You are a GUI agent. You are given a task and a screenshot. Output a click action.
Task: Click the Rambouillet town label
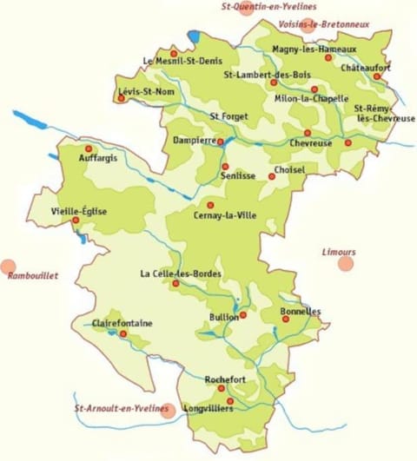click(32, 276)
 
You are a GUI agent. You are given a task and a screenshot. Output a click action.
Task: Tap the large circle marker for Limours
click(346, 262)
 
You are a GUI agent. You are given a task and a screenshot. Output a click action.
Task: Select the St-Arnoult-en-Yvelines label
click(116, 407)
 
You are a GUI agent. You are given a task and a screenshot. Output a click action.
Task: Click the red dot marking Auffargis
click(88, 148)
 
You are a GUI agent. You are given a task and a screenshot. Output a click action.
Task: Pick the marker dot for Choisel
click(272, 176)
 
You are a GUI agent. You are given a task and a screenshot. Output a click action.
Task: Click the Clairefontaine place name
click(122, 323)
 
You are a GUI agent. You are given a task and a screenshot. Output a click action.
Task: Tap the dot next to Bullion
click(243, 314)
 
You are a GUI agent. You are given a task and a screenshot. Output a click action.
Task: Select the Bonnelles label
click(301, 311)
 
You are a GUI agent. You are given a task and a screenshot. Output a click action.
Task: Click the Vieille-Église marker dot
click(76, 220)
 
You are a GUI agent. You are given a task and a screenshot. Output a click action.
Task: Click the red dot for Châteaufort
click(377, 76)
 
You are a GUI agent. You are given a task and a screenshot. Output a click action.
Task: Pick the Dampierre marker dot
click(220, 141)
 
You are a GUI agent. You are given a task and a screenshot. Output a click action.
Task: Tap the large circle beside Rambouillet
click(9, 267)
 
